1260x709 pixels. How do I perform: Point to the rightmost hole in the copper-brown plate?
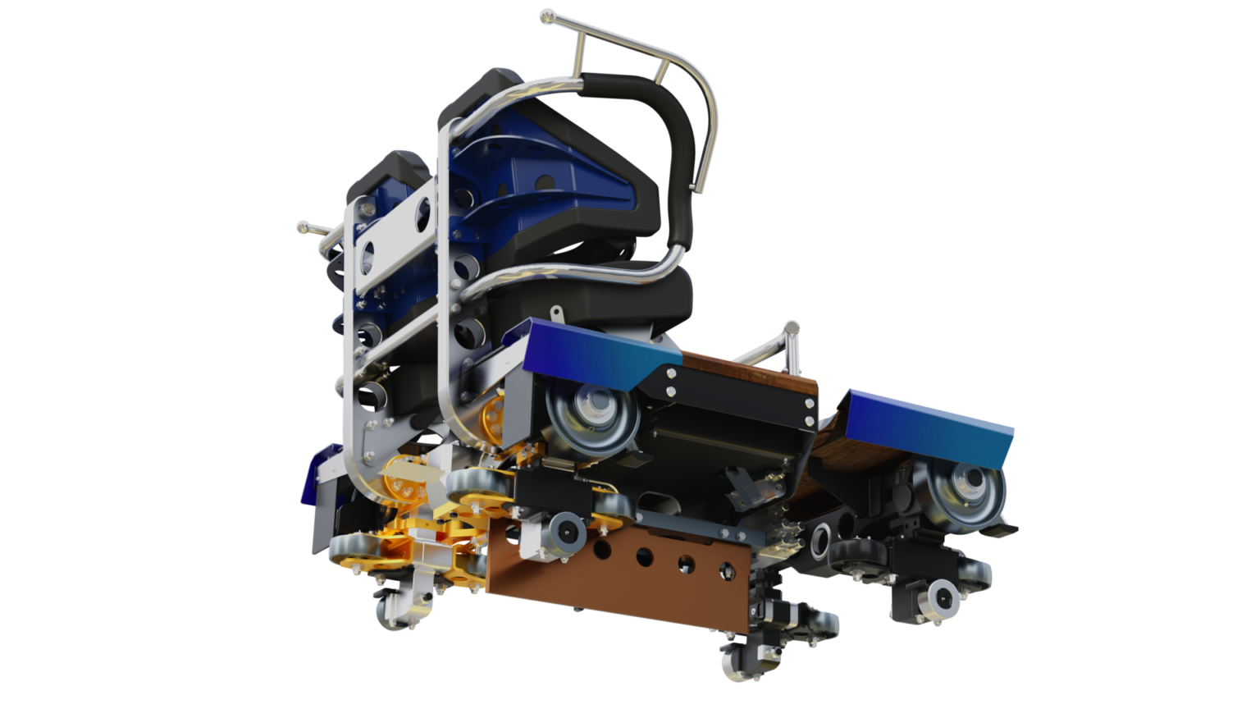click(x=725, y=569)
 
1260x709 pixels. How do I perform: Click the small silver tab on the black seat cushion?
click(x=557, y=313)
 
